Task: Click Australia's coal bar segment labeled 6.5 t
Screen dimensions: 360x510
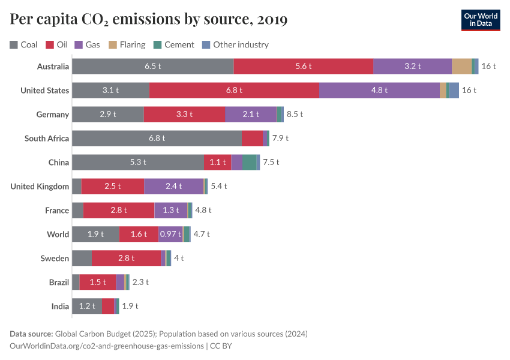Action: (x=152, y=66)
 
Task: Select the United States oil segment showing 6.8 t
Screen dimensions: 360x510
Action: (x=234, y=90)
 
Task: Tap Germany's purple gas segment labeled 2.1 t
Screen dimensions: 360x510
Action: (x=251, y=114)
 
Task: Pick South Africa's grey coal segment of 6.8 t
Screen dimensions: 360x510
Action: (x=157, y=138)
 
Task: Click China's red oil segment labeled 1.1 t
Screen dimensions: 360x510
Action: (x=217, y=162)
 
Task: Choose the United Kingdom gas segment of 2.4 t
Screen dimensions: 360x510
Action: (x=173, y=186)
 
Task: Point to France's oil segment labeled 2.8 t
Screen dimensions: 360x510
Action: (x=119, y=210)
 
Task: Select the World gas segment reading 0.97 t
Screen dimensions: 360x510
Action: (x=170, y=234)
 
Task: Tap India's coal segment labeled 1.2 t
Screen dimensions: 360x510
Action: (x=87, y=306)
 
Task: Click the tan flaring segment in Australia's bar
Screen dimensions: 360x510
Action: (x=461, y=66)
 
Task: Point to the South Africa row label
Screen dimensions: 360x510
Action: (x=47, y=138)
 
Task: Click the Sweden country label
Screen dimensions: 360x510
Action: (x=55, y=258)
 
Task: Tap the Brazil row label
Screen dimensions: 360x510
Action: (x=59, y=282)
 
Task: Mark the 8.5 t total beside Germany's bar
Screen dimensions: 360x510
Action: (x=295, y=114)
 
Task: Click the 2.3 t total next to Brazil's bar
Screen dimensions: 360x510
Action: (x=140, y=282)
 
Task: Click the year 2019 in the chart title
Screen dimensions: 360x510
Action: (x=272, y=20)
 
